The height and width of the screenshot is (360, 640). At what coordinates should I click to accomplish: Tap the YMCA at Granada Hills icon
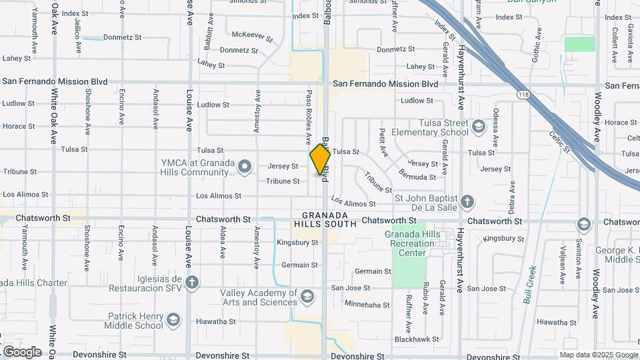(x=245, y=166)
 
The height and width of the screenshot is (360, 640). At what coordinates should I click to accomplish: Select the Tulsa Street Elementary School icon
(x=478, y=127)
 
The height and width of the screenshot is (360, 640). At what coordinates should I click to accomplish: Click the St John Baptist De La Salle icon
(x=467, y=201)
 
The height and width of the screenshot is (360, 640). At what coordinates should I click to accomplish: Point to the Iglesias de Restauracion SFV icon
(x=192, y=283)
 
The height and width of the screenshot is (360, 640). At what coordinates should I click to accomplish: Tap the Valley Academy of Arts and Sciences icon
(x=307, y=296)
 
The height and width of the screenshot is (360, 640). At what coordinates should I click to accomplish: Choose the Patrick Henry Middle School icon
(x=173, y=320)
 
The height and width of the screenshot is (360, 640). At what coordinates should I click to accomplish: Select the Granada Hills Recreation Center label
(x=413, y=243)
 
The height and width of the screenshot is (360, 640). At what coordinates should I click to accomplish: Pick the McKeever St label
(x=252, y=36)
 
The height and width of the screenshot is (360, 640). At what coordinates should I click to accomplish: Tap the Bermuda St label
(x=417, y=177)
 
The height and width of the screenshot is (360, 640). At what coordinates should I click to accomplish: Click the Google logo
(x=22, y=352)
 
